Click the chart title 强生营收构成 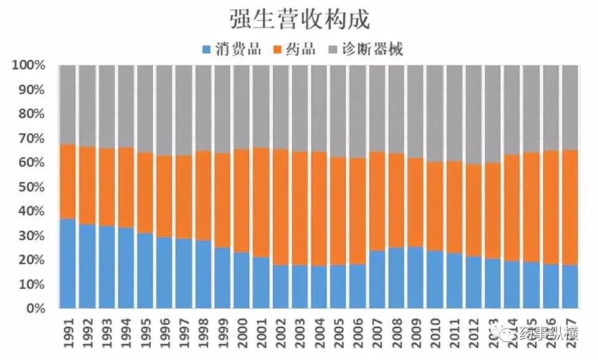pyautogui.click(x=300, y=19)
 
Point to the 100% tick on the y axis pyautogui.click(x=29, y=65)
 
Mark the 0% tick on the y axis pyautogui.click(x=34, y=308)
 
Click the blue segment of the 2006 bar pyautogui.click(x=358, y=287)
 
